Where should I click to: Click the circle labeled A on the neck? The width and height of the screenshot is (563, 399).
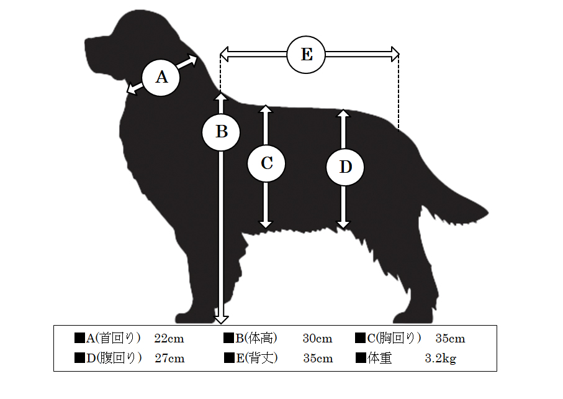point(161,78)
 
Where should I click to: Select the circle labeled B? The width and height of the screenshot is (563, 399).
point(221,132)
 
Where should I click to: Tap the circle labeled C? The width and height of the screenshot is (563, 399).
point(266,163)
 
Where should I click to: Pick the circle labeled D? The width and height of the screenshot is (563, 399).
point(345,167)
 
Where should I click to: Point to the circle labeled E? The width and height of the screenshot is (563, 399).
point(306,55)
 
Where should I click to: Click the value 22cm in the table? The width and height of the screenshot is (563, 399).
point(169,339)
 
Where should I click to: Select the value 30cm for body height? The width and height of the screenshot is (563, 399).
point(317,339)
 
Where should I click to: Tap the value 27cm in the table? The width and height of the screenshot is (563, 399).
point(169,359)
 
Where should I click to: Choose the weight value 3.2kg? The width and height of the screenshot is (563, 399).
point(441,359)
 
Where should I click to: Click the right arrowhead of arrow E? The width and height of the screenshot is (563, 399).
point(395,55)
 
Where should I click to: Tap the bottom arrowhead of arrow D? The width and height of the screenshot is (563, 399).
point(343,225)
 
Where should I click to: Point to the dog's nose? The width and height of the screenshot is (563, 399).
point(87,42)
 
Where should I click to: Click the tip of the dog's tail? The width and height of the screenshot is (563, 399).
point(488,213)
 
